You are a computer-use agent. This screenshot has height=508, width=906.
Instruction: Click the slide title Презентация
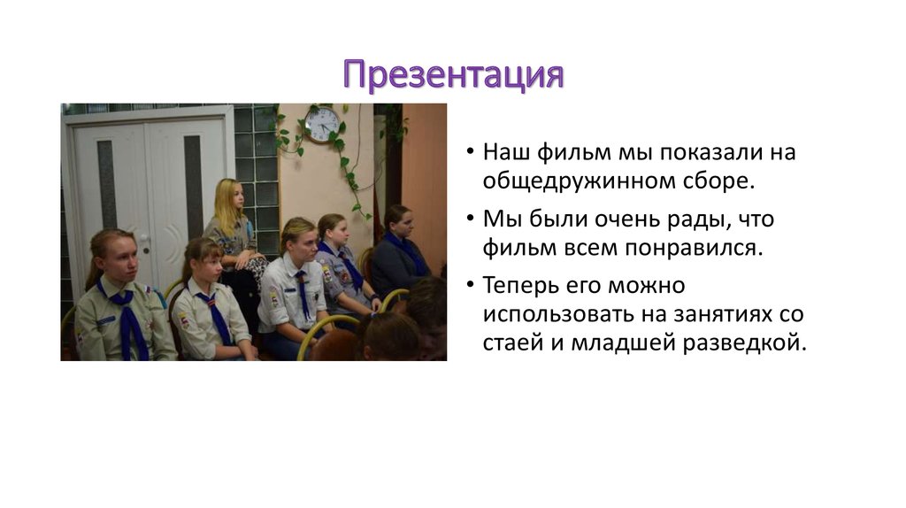coord(453,75)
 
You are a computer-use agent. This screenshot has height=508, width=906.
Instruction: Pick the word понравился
coord(686,247)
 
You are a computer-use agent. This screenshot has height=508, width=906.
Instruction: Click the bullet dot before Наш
coord(470,152)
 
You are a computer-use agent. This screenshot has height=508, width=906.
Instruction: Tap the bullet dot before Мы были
coord(470,219)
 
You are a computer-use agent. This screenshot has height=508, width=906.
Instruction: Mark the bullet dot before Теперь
coord(470,286)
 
